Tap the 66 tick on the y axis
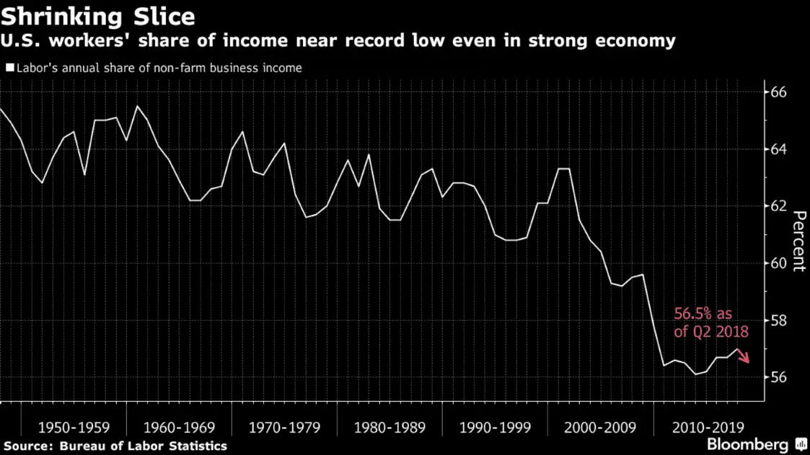pyautogui.click(x=778, y=92)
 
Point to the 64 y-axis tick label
pyautogui.click(x=778, y=149)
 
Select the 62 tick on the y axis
pyautogui.click(x=778, y=206)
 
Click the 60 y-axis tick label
pyautogui.click(x=778, y=263)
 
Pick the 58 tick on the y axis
pyautogui.click(x=778, y=320)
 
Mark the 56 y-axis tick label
pyautogui.click(x=778, y=377)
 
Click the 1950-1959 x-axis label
pyautogui.click(x=74, y=426)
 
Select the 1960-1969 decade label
pyautogui.click(x=179, y=426)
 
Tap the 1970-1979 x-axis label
pyautogui.click(x=284, y=426)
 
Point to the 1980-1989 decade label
pyautogui.click(x=389, y=426)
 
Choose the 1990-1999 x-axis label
pyautogui.click(x=495, y=426)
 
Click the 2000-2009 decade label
pyautogui.click(x=600, y=426)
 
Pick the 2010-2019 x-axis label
pyautogui.click(x=705, y=426)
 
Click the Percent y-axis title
pyautogui.click(x=798, y=241)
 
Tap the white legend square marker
pyautogui.click(x=9, y=69)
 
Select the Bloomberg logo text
pyautogui.click(x=748, y=444)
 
